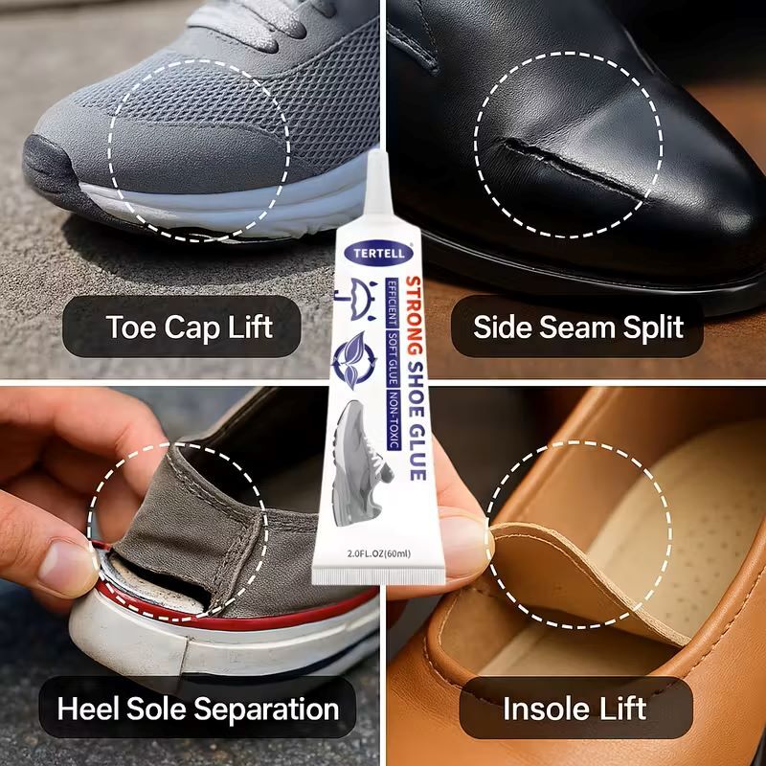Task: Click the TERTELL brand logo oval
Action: [378, 253]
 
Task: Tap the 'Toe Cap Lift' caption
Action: [189, 327]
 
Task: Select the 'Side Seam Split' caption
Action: [578, 327]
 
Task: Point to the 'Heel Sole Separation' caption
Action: [198, 709]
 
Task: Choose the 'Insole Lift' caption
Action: [575, 709]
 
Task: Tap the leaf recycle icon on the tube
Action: [354, 361]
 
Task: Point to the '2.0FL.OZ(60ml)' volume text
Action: [378, 553]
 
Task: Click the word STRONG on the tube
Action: [414, 316]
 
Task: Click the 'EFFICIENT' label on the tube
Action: [392, 303]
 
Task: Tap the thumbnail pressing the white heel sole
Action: [67, 567]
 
